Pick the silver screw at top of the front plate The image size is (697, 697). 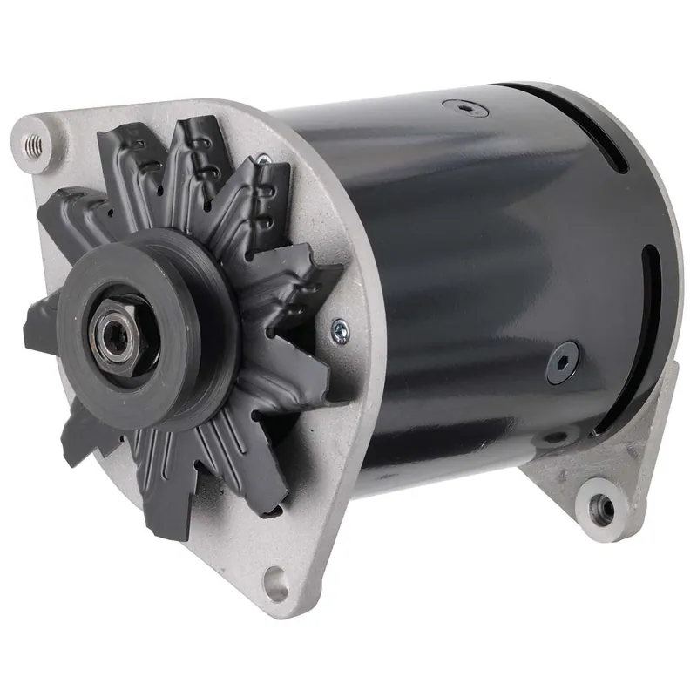point(261,159)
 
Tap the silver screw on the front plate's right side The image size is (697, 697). point(339,328)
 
